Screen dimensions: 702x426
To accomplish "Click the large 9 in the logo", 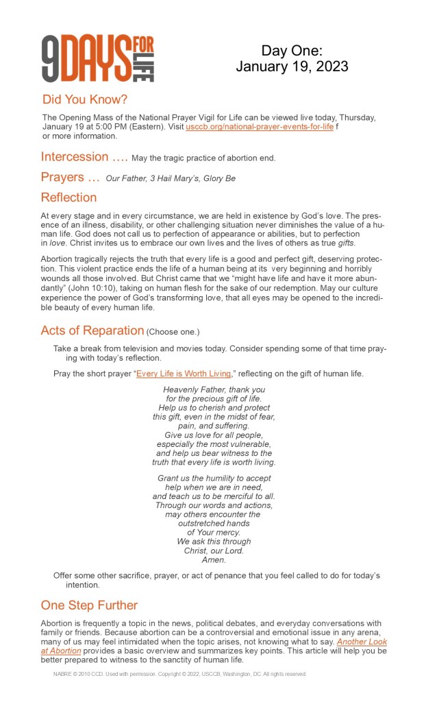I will pos(52,60).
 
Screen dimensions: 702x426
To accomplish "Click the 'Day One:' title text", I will pos(292,51).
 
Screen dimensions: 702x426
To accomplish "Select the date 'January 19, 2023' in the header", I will pos(292,66).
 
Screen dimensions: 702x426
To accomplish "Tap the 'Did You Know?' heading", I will pos(85,99).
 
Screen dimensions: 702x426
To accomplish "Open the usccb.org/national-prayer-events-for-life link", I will pos(260,127).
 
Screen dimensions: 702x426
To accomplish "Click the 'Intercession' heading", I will pos(75,157).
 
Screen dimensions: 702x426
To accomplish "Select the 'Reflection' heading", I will pos(68,197).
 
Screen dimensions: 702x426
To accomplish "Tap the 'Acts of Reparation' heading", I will pos(92,330).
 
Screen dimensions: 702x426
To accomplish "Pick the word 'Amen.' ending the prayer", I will pos(214,559).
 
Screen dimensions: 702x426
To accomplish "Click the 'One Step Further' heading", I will pos(89,605).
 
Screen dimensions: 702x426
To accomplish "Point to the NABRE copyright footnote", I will pos(179,674).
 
